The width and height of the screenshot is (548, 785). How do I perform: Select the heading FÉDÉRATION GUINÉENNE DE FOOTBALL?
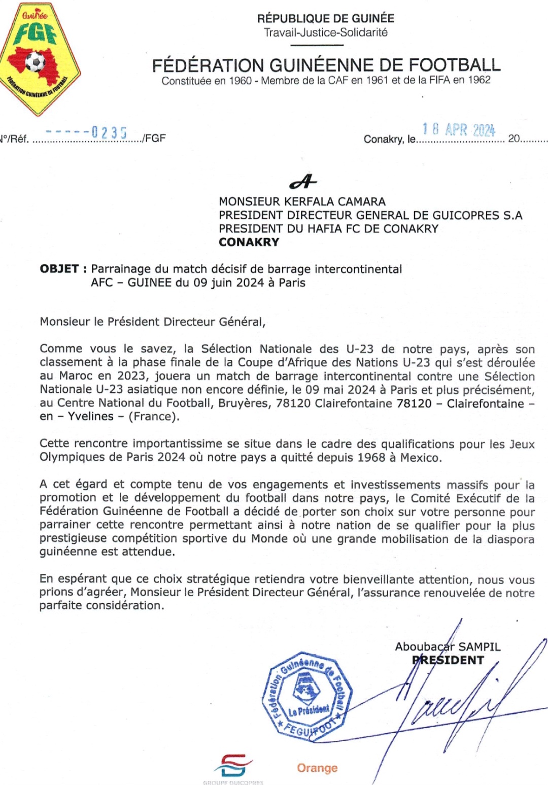(326, 65)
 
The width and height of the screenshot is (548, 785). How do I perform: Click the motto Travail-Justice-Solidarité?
(325, 32)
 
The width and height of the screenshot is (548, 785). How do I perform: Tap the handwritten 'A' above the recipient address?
(303, 181)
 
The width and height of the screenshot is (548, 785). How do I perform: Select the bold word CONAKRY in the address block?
(249, 242)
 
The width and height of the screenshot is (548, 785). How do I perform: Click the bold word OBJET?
(59, 269)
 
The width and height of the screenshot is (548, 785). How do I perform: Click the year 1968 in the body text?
(371, 457)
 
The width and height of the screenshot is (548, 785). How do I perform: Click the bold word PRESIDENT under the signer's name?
(448, 660)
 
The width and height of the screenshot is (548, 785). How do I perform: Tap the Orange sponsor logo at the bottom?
(317, 768)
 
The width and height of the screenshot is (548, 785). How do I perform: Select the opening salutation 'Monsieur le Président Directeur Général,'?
(152, 322)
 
